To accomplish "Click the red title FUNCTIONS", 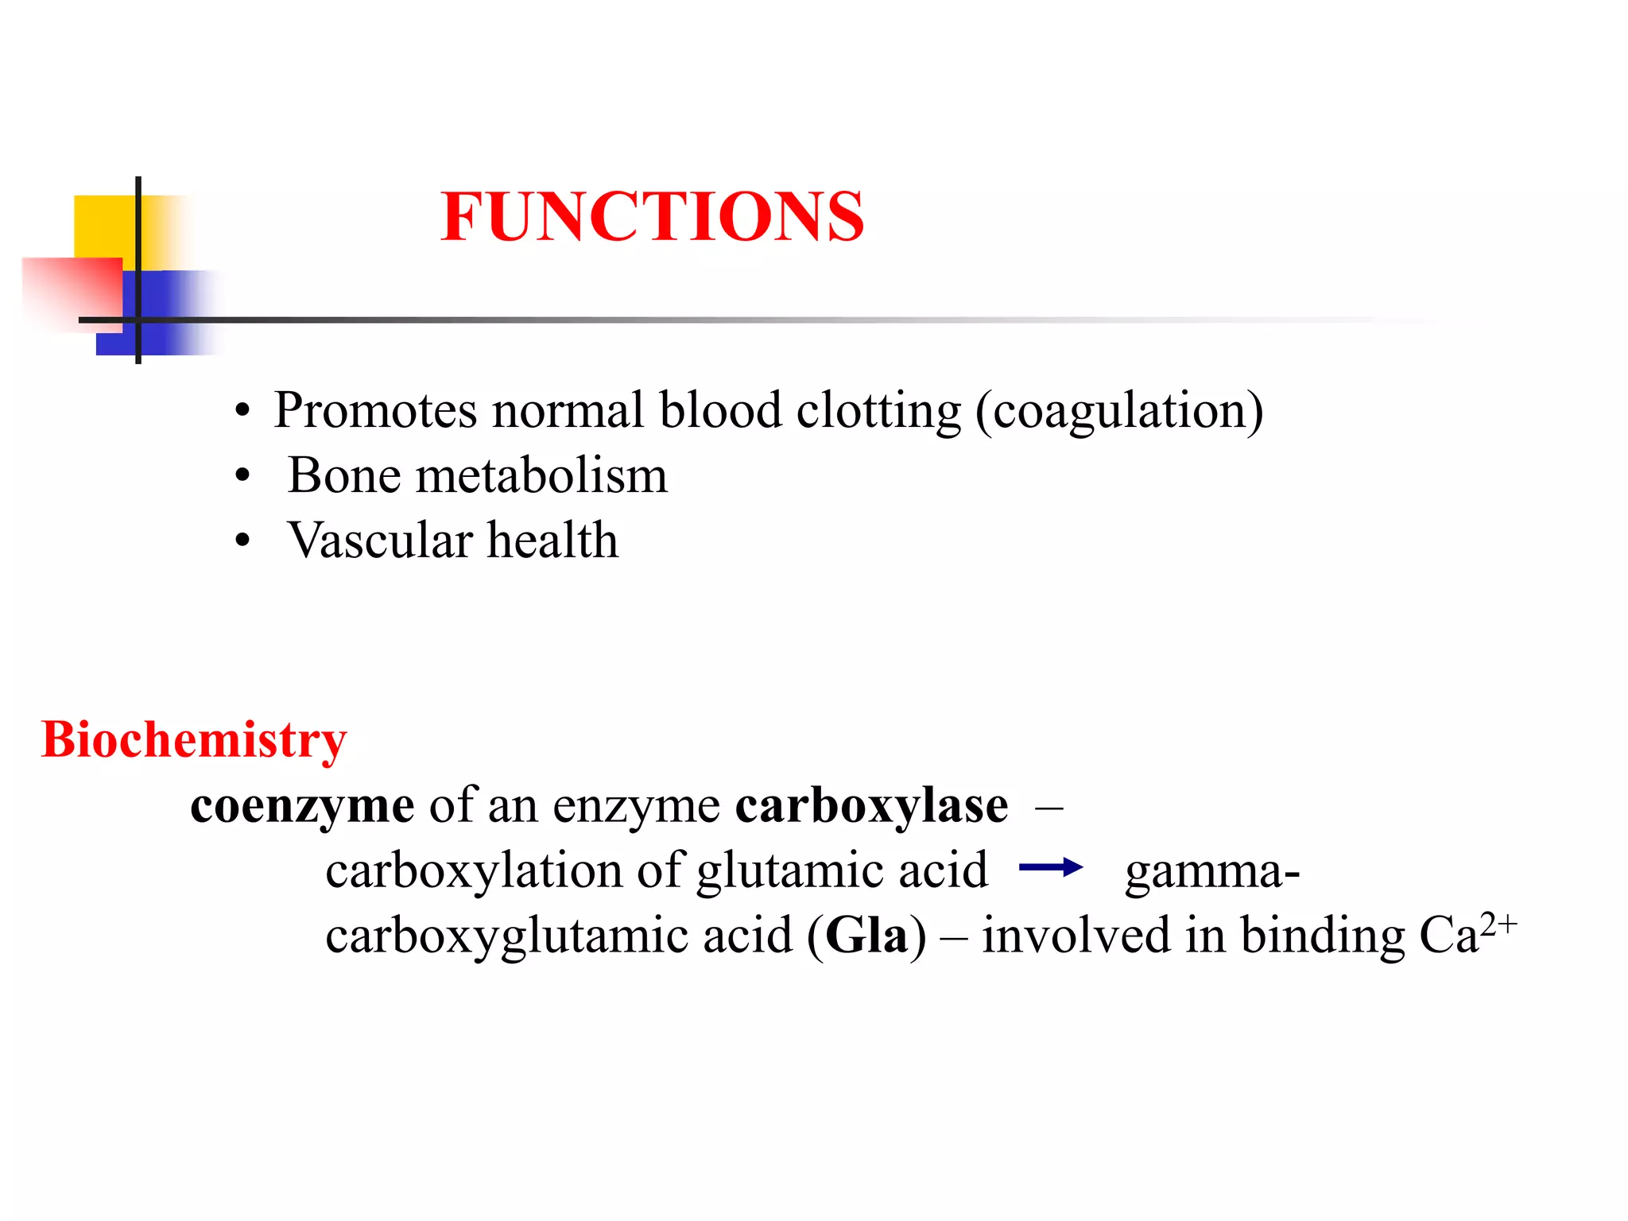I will click(652, 216).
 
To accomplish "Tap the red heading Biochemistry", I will click(194, 740).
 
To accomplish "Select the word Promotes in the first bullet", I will click(375, 411).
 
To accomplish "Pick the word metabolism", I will click(541, 476).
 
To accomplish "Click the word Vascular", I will click(380, 541).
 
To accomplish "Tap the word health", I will click(552, 541).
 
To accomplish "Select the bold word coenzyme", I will click(302, 806).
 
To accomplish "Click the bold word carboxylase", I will click(871, 806).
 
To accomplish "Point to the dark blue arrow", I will click(1050, 867).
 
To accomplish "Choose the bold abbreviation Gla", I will click(866, 935).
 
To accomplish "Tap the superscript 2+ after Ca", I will click(1498, 924).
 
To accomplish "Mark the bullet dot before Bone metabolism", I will click(242, 477).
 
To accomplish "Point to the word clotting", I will click(878, 411).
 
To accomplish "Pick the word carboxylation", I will click(473, 871).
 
